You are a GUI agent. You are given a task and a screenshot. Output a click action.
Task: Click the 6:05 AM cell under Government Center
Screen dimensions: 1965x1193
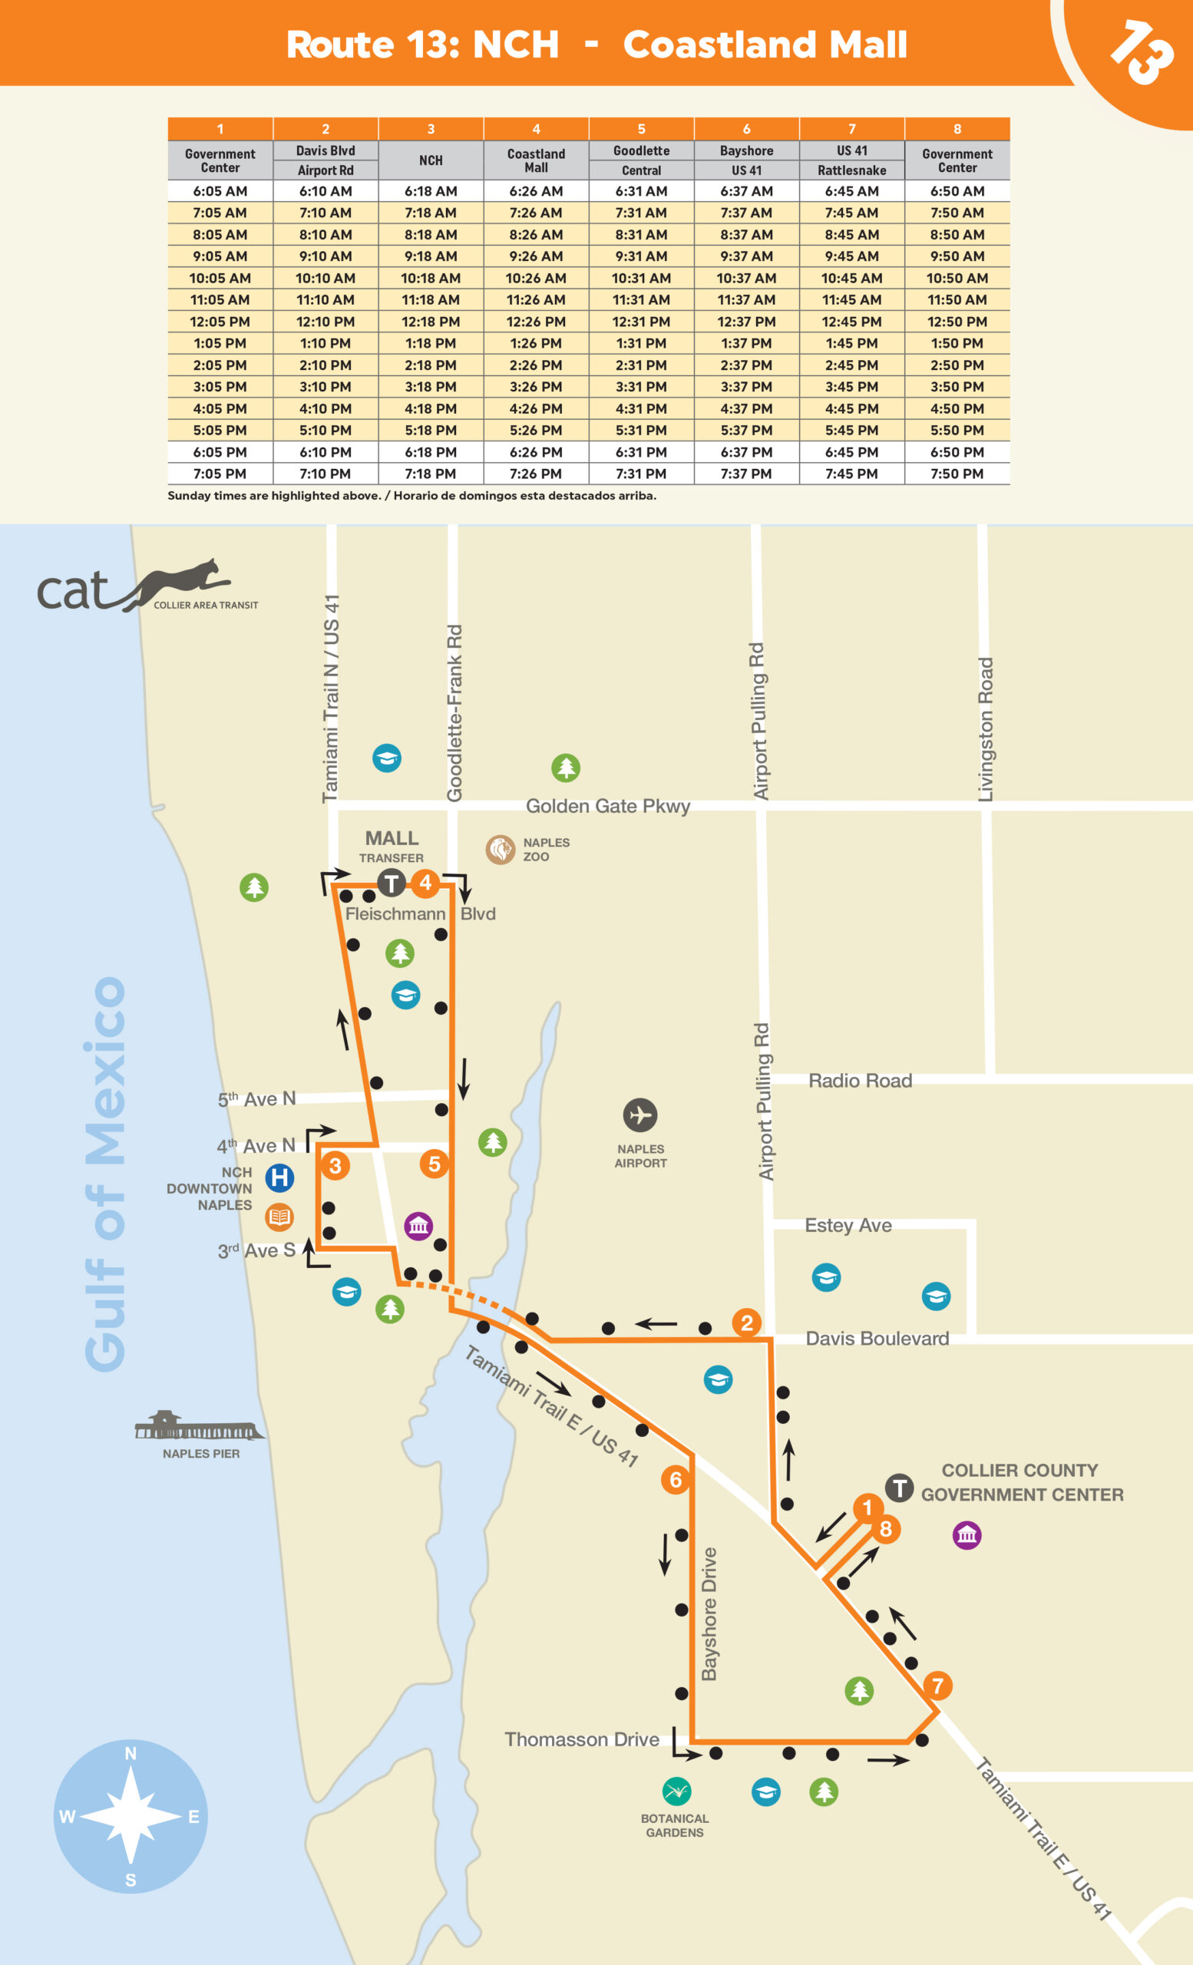(220, 191)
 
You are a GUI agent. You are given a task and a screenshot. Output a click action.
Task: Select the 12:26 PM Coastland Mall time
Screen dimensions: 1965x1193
(536, 322)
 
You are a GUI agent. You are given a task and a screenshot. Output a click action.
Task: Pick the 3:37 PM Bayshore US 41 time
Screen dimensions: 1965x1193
(745, 387)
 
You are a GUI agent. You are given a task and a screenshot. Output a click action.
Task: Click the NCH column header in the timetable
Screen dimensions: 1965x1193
(431, 160)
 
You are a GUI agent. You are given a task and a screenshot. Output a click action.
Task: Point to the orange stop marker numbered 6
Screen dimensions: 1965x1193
(676, 1479)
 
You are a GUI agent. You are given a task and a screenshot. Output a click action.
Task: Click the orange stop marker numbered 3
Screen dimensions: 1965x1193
(335, 1165)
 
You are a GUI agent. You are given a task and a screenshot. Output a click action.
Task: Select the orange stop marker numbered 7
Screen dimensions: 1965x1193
(938, 1685)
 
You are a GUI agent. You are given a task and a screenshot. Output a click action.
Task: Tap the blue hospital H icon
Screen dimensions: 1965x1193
(279, 1177)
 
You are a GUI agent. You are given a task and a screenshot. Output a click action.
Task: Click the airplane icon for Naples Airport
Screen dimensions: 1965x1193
(639, 1115)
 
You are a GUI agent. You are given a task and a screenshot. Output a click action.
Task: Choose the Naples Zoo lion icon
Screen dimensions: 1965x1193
(500, 849)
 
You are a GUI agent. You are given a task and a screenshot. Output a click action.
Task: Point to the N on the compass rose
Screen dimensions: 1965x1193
(131, 1753)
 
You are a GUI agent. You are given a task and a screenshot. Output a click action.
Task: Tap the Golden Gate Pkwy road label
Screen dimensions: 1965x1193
(608, 806)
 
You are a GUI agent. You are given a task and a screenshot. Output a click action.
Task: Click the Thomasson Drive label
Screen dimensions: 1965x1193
(581, 1739)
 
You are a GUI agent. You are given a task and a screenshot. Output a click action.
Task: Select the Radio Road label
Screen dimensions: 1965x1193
(860, 1081)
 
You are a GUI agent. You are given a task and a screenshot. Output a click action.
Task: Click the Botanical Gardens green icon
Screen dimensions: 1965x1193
(676, 1792)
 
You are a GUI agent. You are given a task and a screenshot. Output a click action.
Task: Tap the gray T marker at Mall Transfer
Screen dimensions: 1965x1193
(391, 883)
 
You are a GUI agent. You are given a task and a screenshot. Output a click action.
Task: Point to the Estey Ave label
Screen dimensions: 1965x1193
(848, 1225)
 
